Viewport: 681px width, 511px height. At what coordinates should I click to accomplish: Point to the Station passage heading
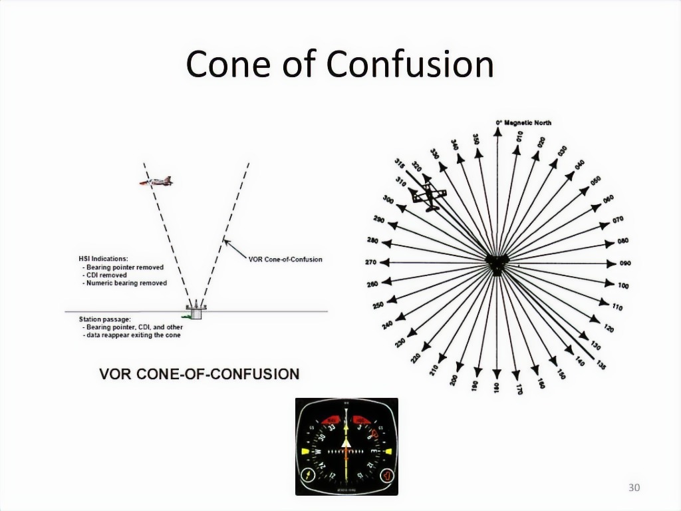104,319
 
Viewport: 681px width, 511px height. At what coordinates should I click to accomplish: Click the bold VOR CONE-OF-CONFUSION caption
199,374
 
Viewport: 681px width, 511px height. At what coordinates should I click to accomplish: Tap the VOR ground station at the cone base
196,311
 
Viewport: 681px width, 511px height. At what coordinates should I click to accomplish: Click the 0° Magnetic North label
523,123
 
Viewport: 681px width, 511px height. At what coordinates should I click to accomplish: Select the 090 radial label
624,263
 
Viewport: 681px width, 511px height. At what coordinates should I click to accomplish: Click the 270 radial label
370,263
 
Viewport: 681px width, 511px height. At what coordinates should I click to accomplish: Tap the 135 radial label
601,364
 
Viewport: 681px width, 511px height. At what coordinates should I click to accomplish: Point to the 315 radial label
400,163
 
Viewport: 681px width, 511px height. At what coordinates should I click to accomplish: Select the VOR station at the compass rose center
496,263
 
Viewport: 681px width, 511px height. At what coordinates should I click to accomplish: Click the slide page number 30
634,488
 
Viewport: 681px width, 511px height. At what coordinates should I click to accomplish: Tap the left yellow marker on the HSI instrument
306,451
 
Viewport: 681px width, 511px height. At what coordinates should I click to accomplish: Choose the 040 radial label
579,164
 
